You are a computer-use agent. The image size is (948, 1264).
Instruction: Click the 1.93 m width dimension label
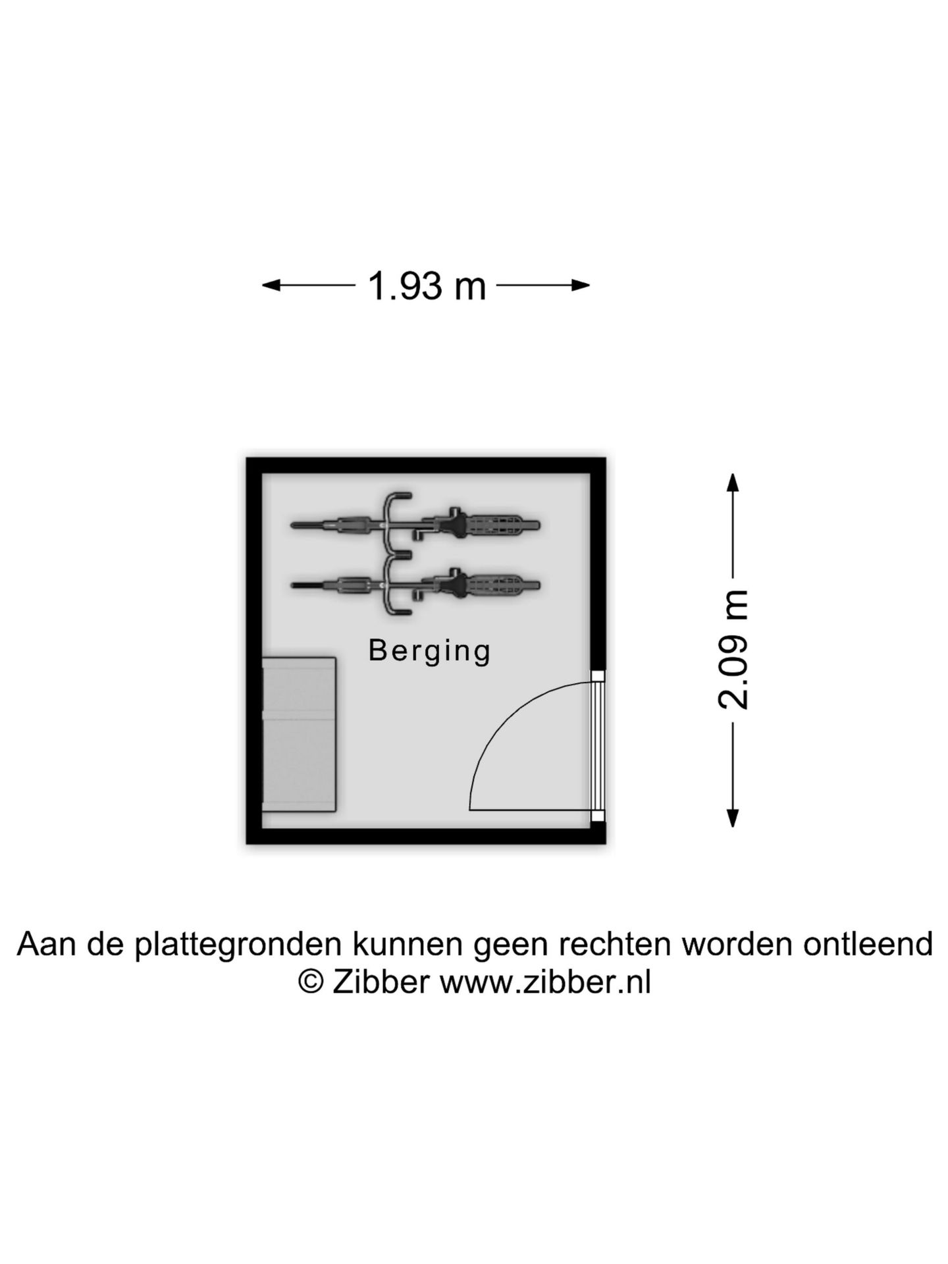tap(427, 286)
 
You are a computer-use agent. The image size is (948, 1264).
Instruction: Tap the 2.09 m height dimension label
tap(733, 650)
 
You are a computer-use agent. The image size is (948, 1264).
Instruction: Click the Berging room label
tap(430, 651)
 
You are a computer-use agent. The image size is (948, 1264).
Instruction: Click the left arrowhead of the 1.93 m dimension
tap(271, 285)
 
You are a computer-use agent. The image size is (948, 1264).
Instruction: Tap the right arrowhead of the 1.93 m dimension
tap(580, 285)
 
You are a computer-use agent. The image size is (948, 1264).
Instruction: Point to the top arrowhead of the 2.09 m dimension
tap(732, 483)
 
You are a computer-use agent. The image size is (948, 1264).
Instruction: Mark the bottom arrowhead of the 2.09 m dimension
tap(732, 817)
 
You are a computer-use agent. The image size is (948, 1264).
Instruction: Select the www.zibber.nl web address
tap(545, 983)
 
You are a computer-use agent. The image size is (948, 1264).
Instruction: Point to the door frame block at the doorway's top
tap(597, 676)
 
